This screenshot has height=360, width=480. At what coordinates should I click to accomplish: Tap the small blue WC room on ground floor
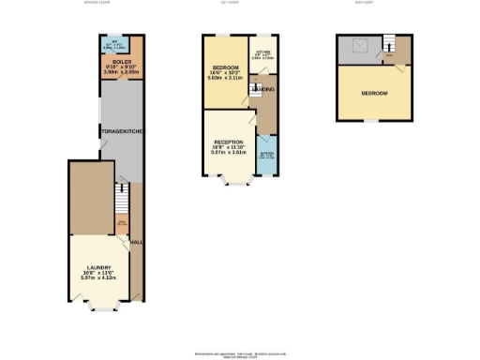click(113, 43)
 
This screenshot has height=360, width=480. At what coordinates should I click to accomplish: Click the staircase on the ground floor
click(120, 197)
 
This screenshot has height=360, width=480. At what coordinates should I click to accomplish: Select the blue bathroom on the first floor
click(267, 155)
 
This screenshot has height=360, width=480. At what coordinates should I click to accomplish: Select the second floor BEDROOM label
click(374, 94)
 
